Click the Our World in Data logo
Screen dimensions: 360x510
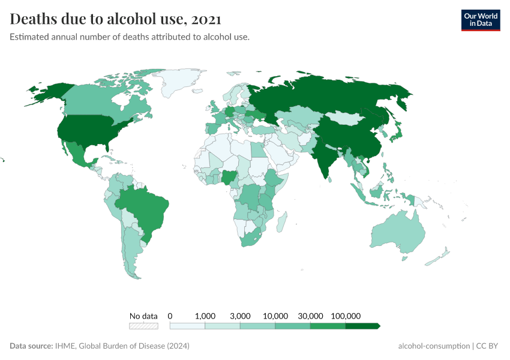coord(480,20)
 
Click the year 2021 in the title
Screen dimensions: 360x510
coord(206,19)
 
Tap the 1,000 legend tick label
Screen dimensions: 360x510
coord(205,316)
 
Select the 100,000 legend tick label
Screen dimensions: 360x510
coord(346,316)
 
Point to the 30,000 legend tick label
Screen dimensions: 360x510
coord(310,316)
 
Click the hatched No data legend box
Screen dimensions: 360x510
coord(144,326)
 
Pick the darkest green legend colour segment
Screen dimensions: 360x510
coord(362,326)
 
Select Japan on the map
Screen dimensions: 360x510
coord(397,137)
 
